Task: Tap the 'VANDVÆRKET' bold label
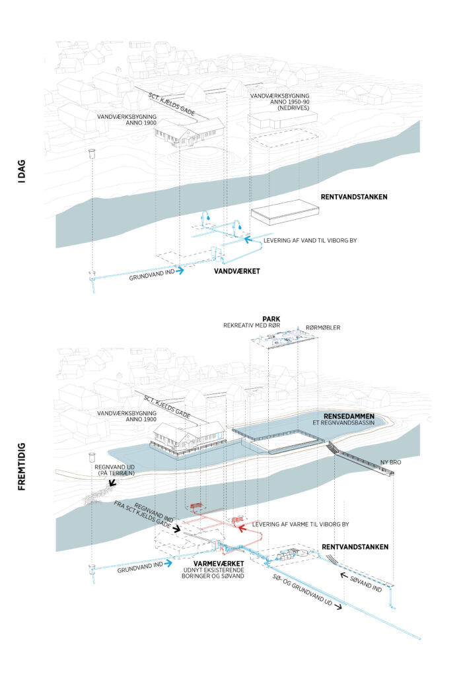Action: coord(235,271)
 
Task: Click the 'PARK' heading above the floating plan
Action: coord(271,318)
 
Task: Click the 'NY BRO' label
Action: coord(391,462)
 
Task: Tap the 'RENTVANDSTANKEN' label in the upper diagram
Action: coord(353,197)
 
